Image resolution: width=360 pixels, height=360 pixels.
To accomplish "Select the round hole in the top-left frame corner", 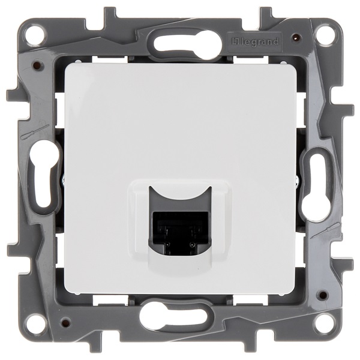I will click(x=35, y=34).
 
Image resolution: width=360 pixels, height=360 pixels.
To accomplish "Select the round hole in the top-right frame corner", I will click(x=325, y=34).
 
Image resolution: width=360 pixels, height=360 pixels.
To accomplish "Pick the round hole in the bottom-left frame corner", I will click(x=35, y=325).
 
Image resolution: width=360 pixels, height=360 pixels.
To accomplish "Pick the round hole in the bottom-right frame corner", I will click(x=325, y=325).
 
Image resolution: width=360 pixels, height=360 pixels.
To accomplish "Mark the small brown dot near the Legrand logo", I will click(x=295, y=37).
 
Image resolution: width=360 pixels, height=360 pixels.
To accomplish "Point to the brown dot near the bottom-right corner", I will click(x=323, y=295).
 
